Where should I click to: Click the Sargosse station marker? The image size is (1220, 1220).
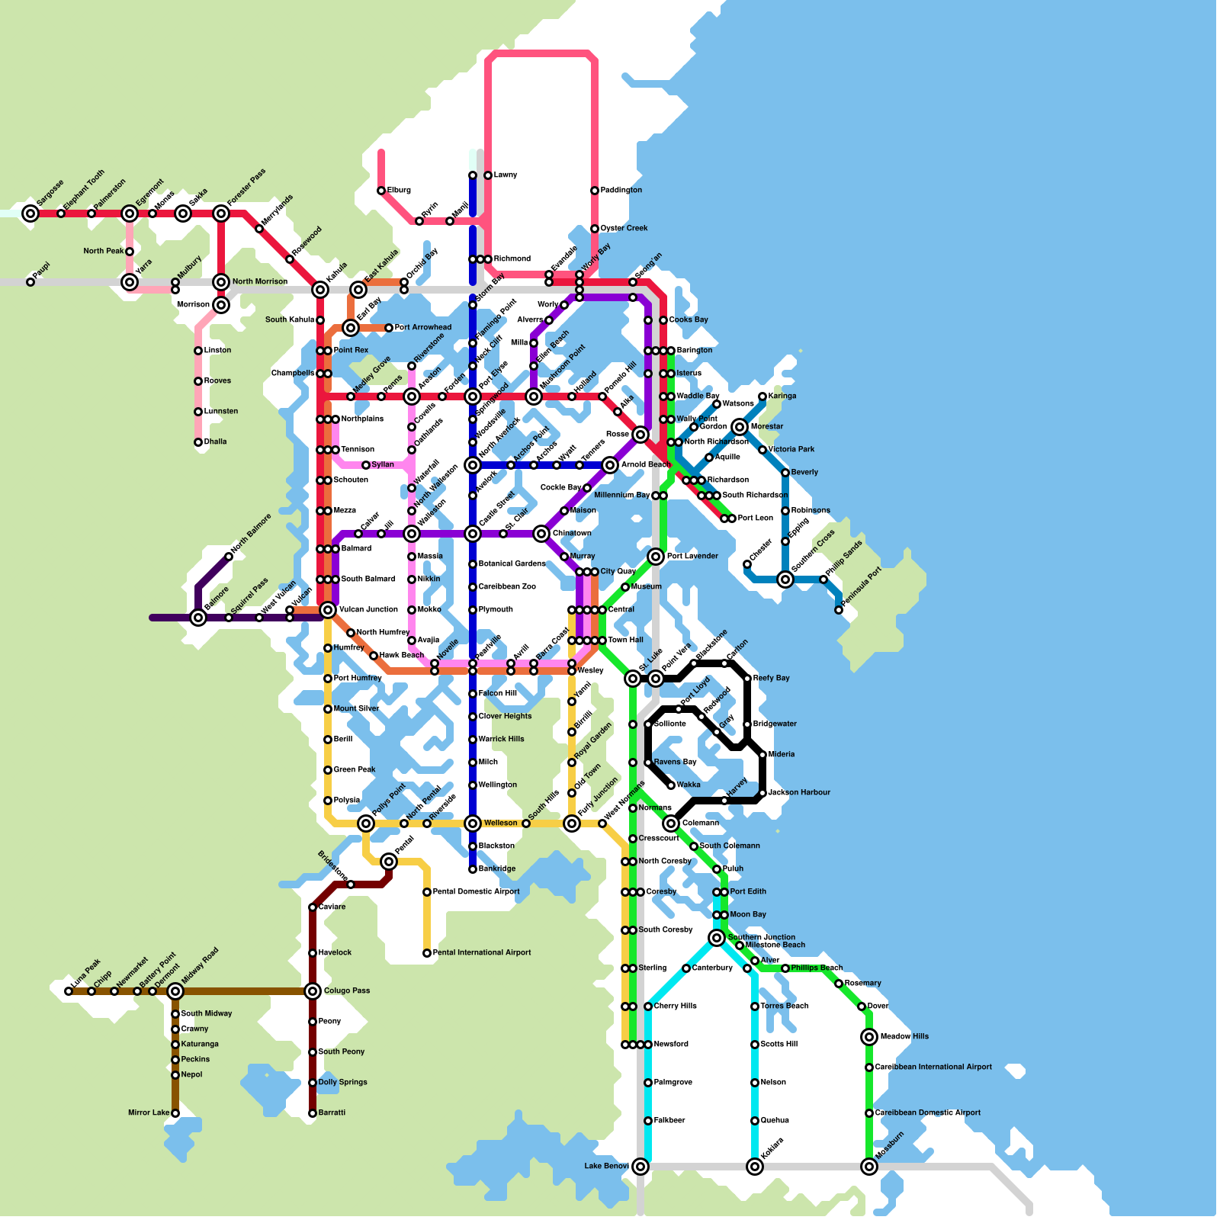coord(30,213)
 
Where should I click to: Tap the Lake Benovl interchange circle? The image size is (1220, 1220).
coord(640,1167)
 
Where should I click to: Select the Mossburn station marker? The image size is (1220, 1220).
coord(869,1167)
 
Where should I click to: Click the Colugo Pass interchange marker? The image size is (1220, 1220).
coord(313,991)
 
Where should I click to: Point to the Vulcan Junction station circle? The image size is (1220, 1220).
coord(328,610)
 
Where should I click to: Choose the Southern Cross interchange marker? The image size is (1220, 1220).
coord(785,579)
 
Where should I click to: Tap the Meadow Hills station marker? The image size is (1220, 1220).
coord(869,1037)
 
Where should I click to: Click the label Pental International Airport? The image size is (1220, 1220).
coord(482,953)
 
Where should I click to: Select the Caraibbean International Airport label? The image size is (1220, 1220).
coord(933,1067)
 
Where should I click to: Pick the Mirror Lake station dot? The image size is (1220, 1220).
coord(175,1113)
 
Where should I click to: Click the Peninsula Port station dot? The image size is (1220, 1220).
coord(839,610)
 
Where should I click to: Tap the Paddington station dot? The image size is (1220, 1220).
coord(595,191)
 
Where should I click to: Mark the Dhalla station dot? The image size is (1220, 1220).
coord(198,442)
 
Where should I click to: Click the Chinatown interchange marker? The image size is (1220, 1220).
coord(541,534)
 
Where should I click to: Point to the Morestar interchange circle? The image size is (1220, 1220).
coord(740,427)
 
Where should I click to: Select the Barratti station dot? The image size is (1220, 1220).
coord(313,1113)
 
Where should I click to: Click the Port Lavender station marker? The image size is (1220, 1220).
coord(656,557)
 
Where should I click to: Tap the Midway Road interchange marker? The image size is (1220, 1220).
coord(175,991)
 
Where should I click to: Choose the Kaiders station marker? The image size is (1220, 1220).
coord(755,1167)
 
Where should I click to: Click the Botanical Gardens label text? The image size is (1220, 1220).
coord(512,564)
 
